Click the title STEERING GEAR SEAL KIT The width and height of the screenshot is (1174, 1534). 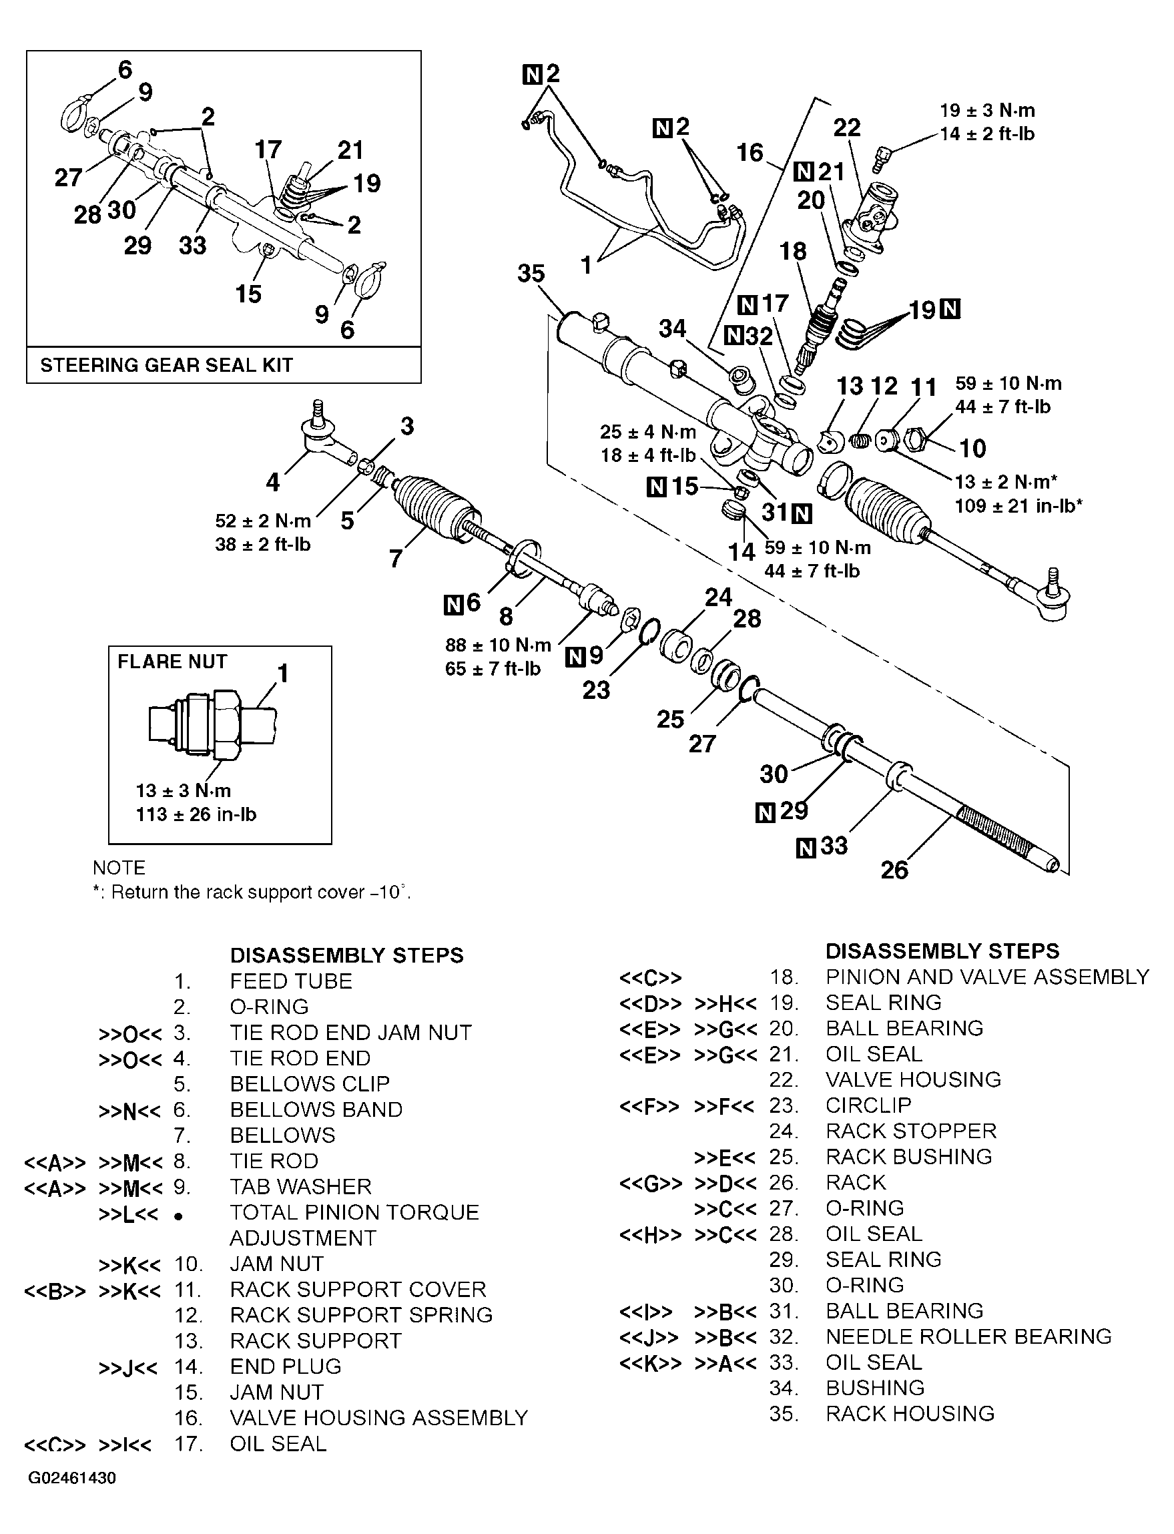(166, 366)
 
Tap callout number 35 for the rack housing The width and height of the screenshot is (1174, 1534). (531, 273)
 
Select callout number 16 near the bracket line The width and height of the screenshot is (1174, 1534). (750, 152)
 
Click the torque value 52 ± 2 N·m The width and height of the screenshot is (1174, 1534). (263, 521)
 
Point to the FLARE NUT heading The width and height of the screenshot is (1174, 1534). (172, 661)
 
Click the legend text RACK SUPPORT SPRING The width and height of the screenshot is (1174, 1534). (360, 1314)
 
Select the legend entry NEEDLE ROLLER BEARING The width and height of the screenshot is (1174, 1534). (968, 1336)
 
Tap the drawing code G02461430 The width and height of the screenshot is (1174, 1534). (72, 1478)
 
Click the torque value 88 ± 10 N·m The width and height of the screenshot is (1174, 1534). (497, 644)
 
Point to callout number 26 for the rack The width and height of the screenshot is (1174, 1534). (894, 870)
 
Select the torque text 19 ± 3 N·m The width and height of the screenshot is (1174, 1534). (986, 110)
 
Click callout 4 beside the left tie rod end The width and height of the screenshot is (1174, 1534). (272, 481)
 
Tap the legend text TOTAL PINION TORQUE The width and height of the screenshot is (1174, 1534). (354, 1212)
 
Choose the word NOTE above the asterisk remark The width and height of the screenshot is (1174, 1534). (119, 867)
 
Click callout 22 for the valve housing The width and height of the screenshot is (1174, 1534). (846, 127)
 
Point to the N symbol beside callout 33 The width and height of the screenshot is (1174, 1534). (805, 848)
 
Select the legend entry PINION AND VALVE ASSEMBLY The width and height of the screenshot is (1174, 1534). (986, 977)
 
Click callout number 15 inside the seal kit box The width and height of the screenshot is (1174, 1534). (248, 294)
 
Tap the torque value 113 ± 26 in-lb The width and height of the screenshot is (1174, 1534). (196, 814)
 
